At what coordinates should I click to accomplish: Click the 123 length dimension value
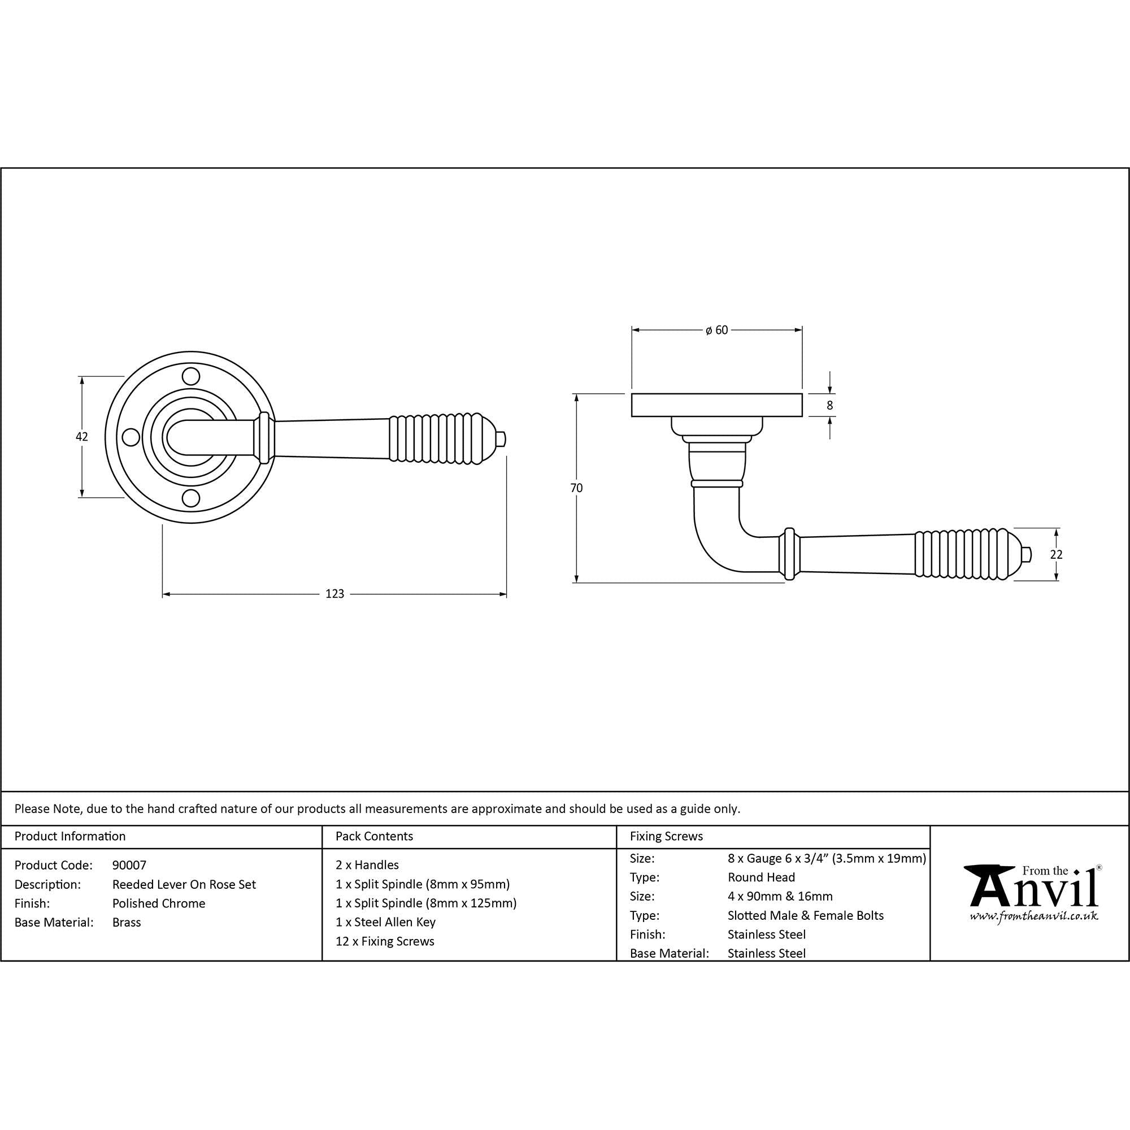pyautogui.click(x=334, y=594)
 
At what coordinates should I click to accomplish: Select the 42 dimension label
pyautogui.click(x=82, y=436)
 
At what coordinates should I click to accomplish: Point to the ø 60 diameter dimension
pyautogui.click(x=716, y=331)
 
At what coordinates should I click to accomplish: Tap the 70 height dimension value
pyautogui.click(x=577, y=488)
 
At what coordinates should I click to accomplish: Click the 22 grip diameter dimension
pyautogui.click(x=1056, y=554)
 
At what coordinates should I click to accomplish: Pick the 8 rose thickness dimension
pyautogui.click(x=829, y=405)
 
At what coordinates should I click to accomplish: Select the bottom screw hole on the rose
pyautogui.click(x=190, y=498)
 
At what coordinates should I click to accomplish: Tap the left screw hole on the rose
pyautogui.click(x=129, y=437)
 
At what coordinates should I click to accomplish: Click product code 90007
pyautogui.click(x=129, y=865)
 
